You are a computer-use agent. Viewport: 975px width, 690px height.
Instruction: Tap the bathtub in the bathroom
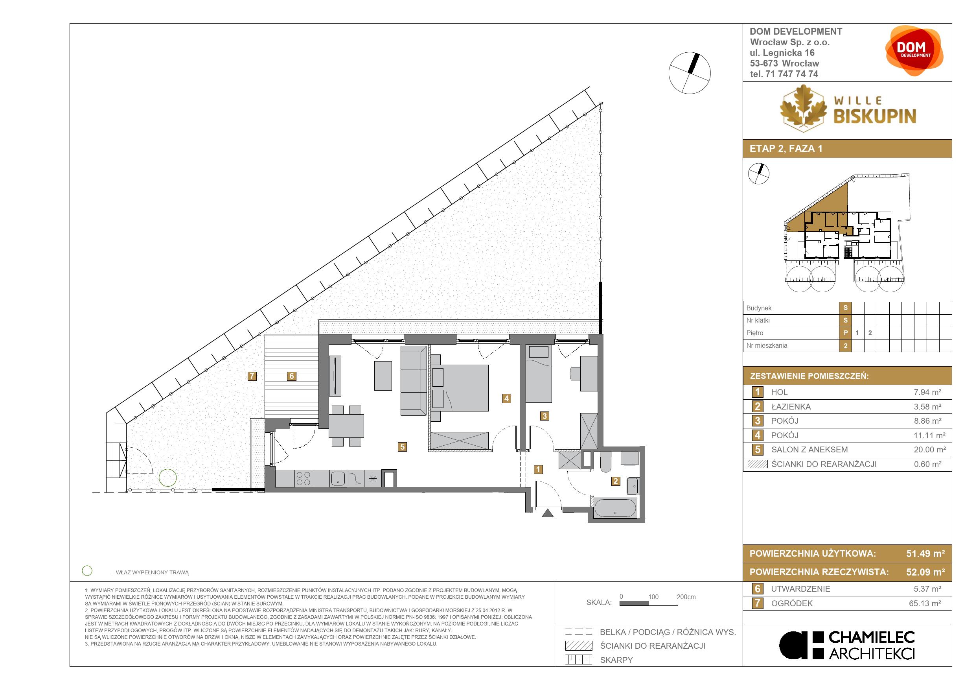[x=615, y=508]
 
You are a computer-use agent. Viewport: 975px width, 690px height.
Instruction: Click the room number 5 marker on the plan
[x=402, y=446]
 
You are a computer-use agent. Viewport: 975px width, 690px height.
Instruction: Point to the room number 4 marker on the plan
[x=506, y=398]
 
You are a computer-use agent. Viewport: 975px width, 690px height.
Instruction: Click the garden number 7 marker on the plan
[x=252, y=376]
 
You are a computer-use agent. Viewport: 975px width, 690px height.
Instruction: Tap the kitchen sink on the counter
[x=338, y=478]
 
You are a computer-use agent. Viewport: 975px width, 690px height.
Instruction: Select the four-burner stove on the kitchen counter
[x=304, y=478]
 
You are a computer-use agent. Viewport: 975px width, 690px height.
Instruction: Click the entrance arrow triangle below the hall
[x=548, y=513]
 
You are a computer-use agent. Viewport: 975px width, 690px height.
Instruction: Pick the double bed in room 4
[x=460, y=387]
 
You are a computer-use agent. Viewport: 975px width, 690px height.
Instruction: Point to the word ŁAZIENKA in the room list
[x=791, y=407]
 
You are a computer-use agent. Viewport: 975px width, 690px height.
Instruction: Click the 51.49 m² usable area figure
[x=925, y=553]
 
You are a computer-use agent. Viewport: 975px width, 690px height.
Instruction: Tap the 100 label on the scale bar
[x=653, y=597]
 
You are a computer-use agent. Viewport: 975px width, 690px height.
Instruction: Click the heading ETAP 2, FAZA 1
[x=786, y=148]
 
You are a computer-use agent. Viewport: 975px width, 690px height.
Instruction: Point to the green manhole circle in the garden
[x=168, y=478]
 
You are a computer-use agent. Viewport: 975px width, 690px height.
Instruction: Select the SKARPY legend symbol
[x=578, y=660]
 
